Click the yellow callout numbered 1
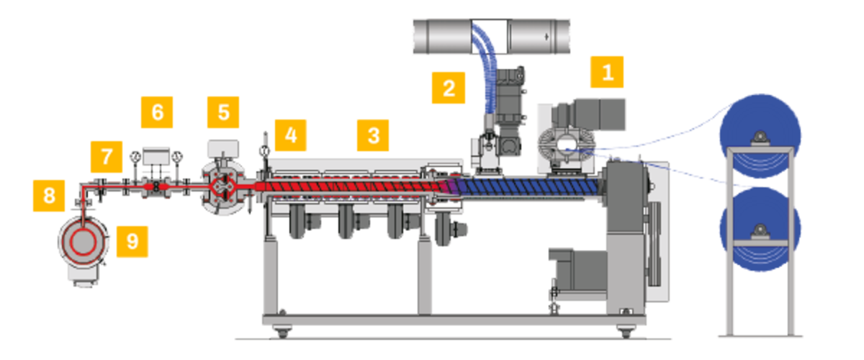tap(607, 72)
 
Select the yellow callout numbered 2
tap(448, 88)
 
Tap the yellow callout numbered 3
tap(373, 135)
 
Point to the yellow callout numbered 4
tap(290, 135)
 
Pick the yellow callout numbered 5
tap(223, 112)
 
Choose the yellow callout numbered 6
tap(157, 112)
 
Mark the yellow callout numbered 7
tap(107, 157)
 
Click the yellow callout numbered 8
tap(49, 196)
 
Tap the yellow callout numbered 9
tap(132, 241)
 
